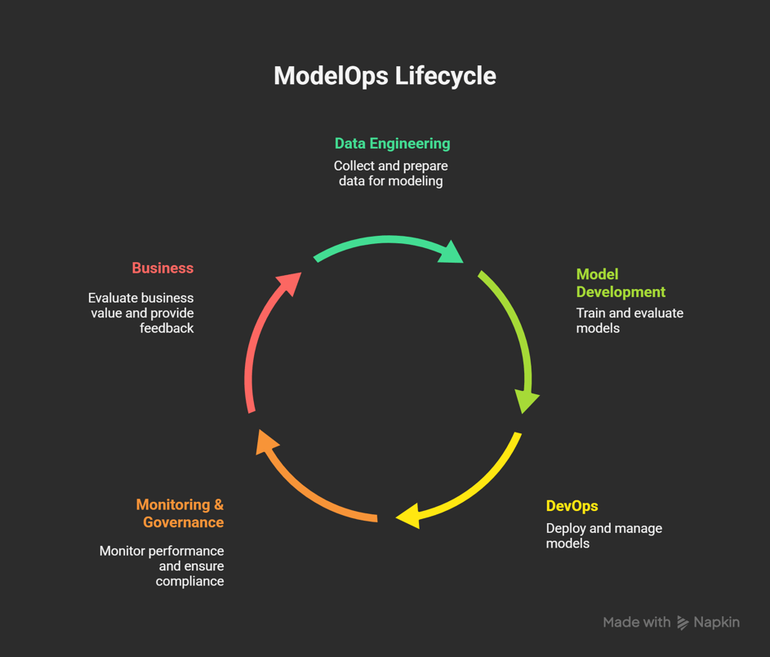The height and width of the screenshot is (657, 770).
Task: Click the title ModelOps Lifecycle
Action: [385, 76]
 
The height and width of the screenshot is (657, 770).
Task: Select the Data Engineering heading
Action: [392, 144]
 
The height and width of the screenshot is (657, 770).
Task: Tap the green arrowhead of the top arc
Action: [451, 251]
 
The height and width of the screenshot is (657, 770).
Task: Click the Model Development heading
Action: [621, 283]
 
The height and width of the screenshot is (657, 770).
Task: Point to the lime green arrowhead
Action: [527, 401]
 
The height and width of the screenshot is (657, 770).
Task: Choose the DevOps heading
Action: [572, 506]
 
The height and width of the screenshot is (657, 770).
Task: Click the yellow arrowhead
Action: [407, 516]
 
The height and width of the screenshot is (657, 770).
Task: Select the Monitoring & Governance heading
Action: [180, 513]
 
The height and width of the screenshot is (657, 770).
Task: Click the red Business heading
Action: [162, 269]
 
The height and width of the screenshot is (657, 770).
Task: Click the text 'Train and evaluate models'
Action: [630, 321]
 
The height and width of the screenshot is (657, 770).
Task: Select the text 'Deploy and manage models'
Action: [603, 535]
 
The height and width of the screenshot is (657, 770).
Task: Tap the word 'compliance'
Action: [189, 581]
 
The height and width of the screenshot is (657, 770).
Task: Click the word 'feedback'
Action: [167, 328]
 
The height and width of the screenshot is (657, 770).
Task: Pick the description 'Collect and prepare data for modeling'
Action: [390, 173]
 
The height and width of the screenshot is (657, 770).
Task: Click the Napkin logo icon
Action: [683, 623]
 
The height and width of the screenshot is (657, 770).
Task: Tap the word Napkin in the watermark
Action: [716, 623]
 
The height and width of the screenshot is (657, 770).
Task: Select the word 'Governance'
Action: [184, 522]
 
